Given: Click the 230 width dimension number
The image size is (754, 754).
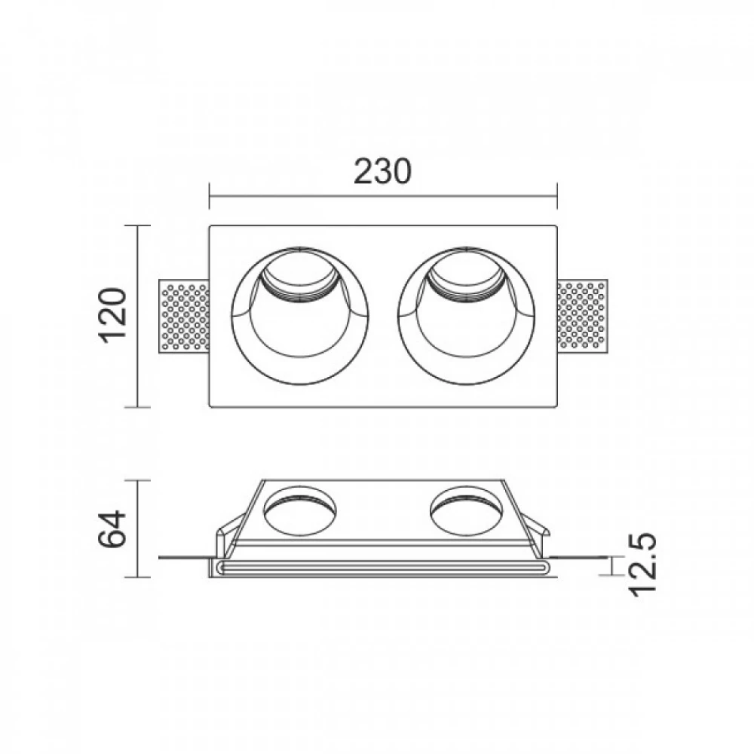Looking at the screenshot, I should (x=382, y=172).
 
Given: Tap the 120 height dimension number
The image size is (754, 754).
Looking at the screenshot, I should (x=113, y=314).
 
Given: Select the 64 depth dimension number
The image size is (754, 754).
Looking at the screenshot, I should (x=113, y=529).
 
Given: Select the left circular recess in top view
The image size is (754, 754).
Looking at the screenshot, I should (x=300, y=317).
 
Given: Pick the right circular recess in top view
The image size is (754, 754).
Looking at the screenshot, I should (x=465, y=317).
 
